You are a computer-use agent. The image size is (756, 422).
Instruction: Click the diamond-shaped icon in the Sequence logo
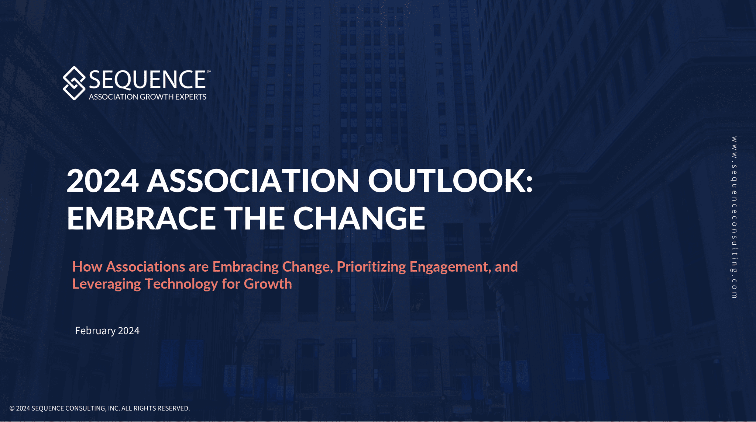click(74, 83)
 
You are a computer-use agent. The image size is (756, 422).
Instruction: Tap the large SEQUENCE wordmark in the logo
click(147, 80)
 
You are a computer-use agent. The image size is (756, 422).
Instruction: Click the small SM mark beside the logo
click(209, 72)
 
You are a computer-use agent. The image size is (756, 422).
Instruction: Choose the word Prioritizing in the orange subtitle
click(371, 267)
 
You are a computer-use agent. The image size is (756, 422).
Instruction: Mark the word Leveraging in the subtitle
click(106, 284)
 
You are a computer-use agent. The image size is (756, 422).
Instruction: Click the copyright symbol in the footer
click(12, 408)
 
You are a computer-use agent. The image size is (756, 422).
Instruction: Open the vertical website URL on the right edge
click(734, 217)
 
